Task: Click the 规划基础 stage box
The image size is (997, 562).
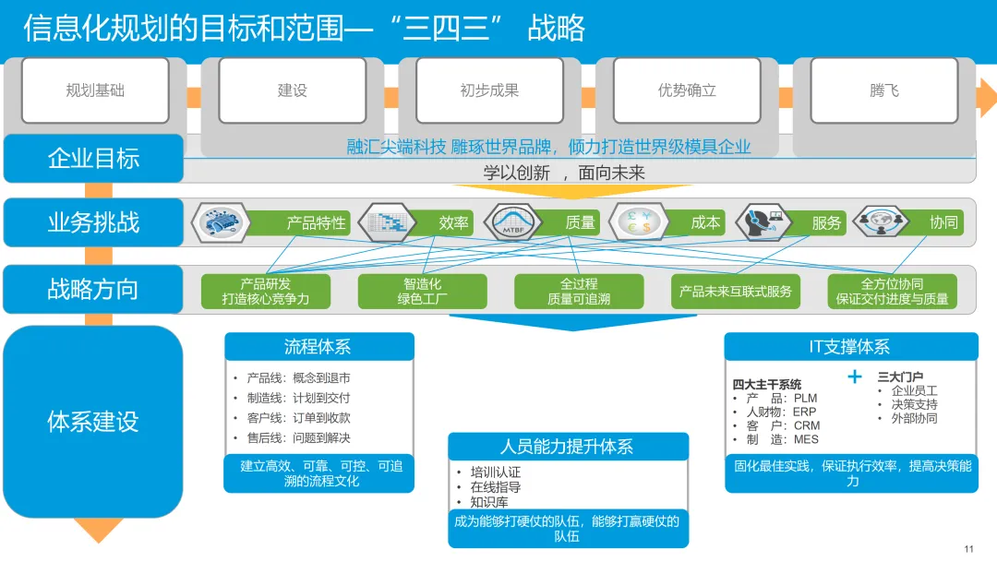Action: pos(95,90)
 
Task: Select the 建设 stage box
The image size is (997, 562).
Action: pos(292,90)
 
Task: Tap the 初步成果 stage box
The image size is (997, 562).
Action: pos(489,90)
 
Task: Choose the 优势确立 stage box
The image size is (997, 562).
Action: pos(687,90)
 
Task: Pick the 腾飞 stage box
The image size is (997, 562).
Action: pos(883,90)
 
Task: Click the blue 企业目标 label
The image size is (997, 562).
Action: pos(93,158)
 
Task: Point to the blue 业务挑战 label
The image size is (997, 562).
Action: pos(93,222)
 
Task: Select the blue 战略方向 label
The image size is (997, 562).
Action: pos(93,289)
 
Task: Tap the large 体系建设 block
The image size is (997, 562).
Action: pos(93,422)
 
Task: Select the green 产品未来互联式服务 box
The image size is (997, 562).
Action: pos(736,291)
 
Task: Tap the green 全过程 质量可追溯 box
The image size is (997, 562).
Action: pos(579,291)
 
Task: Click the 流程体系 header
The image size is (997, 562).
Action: pos(318,347)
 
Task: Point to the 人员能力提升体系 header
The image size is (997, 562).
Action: pos(568,447)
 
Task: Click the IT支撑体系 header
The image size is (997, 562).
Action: pos(850,347)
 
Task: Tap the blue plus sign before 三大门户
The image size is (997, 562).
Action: pos(855,377)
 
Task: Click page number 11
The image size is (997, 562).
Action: pos(968,549)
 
